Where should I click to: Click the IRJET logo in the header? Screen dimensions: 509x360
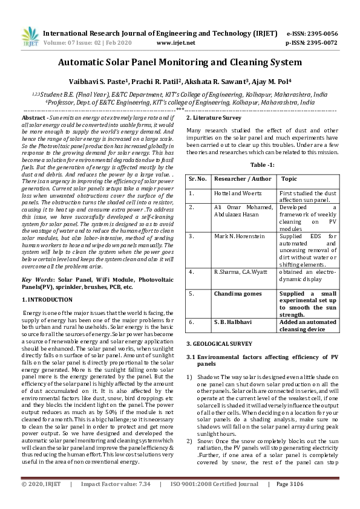click(31, 37)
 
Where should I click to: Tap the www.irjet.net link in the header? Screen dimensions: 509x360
click(176, 44)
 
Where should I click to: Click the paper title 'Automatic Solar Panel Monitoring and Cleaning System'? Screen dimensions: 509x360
click(180, 62)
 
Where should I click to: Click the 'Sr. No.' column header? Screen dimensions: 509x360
click(198, 180)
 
